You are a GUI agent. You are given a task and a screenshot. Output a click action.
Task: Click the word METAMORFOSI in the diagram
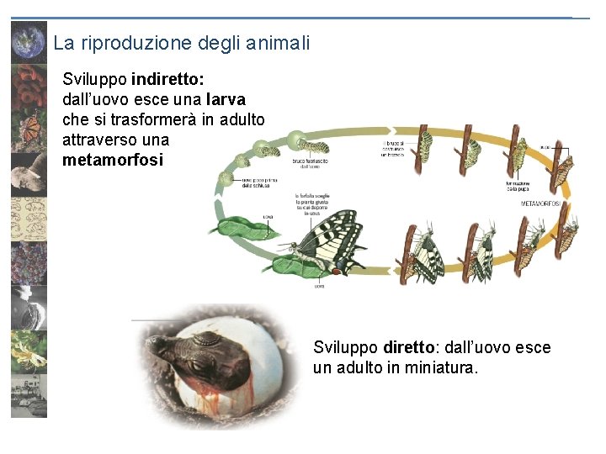541,203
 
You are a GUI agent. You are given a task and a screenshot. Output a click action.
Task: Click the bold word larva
226,100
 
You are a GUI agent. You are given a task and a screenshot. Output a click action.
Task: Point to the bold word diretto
408,347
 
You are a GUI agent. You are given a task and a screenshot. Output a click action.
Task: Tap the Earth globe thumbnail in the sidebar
28,41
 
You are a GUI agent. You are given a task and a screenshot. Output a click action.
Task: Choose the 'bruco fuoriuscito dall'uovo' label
311,161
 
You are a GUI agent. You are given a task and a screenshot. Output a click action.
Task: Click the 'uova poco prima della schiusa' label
258,182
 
